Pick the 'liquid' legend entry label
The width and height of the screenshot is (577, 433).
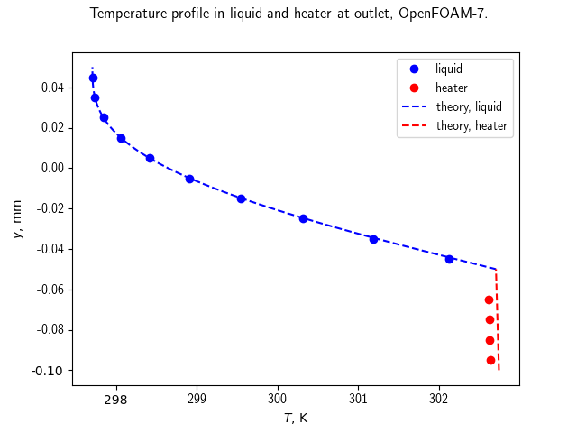(449, 69)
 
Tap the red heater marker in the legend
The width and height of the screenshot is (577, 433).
(415, 88)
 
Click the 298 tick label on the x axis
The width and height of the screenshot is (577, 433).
(116, 399)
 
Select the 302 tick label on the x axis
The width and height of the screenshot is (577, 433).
(439, 399)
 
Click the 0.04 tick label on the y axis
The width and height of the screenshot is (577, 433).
(52, 88)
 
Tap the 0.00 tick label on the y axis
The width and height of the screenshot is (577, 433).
(52, 168)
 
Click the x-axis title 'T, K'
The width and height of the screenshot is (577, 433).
(296, 418)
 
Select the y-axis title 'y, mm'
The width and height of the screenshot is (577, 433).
(17, 219)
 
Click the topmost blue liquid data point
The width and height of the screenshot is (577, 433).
(93, 78)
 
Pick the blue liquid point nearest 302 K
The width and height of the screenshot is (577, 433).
(449, 259)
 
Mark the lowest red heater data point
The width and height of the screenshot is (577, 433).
(490, 360)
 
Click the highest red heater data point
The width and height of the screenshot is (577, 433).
(489, 300)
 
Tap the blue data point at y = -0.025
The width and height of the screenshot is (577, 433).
(303, 218)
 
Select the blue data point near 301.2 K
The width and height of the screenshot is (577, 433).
(373, 239)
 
